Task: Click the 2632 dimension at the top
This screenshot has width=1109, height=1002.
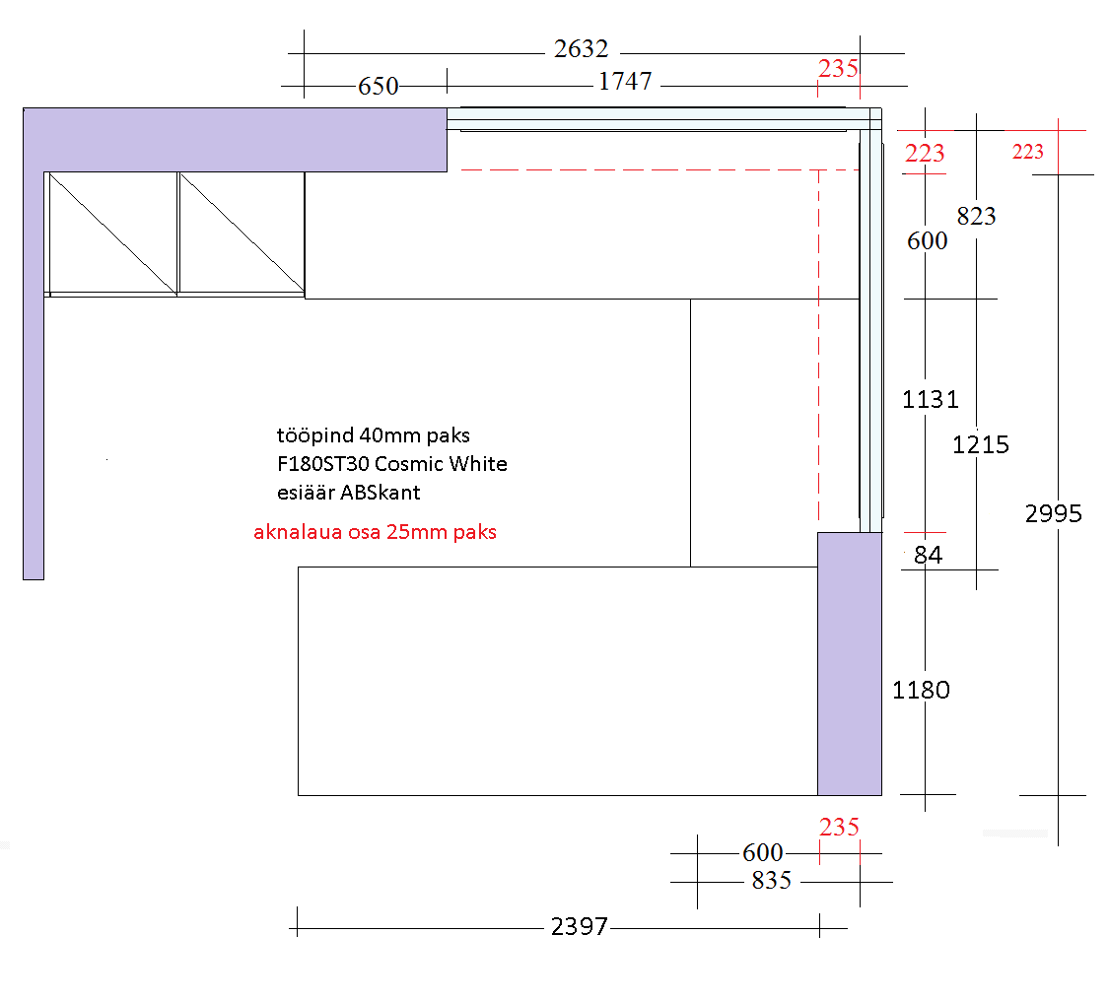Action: pos(582,49)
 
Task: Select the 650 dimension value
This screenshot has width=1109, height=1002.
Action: pos(379,87)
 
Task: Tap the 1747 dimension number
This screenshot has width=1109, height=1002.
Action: pos(625,82)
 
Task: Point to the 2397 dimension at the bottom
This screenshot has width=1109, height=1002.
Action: pos(580,926)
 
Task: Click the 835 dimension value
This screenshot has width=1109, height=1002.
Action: pos(772,881)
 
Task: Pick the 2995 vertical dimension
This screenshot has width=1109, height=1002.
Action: pos(1054,513)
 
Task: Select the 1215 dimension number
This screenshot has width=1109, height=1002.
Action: pos(980,444)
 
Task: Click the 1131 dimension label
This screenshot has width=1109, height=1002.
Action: pos(930,400)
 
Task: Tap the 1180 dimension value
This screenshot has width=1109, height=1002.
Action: pos(921,690)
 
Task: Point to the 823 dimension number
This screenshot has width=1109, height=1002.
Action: pos(976,216)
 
